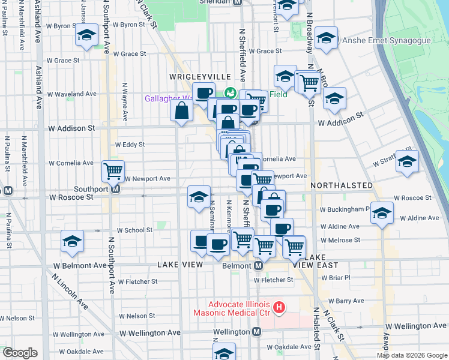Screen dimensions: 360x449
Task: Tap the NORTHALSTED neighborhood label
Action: [x=341, y=187]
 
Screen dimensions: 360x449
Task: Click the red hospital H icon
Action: [x=279, y=308]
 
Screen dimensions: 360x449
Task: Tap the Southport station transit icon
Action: [x=116, y=188]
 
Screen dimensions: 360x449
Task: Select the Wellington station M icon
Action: [x=256, y=331]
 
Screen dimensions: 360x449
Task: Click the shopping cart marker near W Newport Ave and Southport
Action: [x=113, y=171]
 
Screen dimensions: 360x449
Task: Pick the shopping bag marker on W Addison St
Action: [x=181, y=111]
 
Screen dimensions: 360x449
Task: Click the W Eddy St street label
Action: [x=130, y=145]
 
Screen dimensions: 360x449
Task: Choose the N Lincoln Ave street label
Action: [x=70, y=292]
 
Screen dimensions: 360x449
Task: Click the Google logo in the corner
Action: [x=20, y=353]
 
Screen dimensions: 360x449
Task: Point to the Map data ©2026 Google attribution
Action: [x=412, y=355]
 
